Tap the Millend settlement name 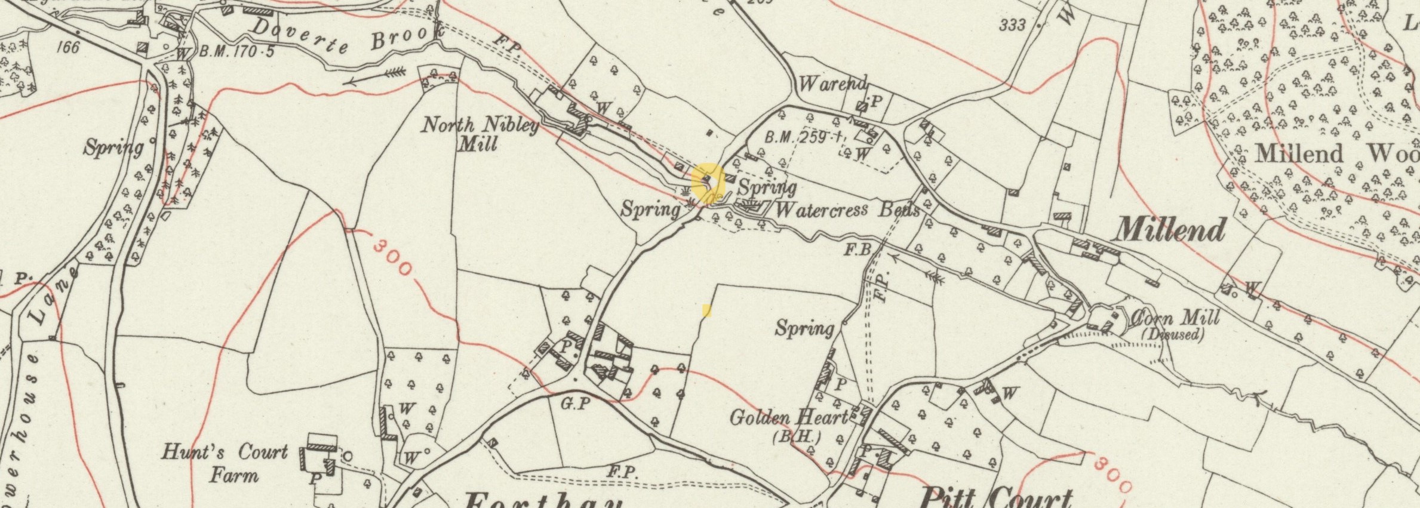pos(1170,230)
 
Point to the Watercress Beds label pos(847,210)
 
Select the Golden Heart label pos(788,417)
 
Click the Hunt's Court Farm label pos(226,463)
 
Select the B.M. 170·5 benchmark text pos(236,51)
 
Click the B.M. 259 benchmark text pos(797,137)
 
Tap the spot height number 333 pos(1012,24)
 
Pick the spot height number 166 pos(67,47)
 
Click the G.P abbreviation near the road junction pos(575,404)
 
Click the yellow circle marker pos(708,183)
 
